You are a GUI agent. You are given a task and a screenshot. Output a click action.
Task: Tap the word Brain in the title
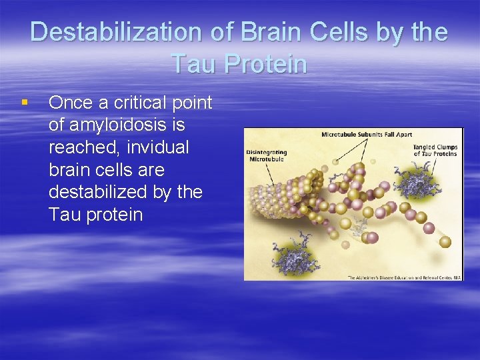[x=269, y=32]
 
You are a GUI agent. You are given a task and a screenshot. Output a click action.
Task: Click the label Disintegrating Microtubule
[x=265, y=155]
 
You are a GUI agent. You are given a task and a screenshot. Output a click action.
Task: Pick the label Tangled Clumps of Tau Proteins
[x=435, y=150]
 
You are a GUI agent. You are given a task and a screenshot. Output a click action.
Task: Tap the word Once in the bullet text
[x=71, y=103]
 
